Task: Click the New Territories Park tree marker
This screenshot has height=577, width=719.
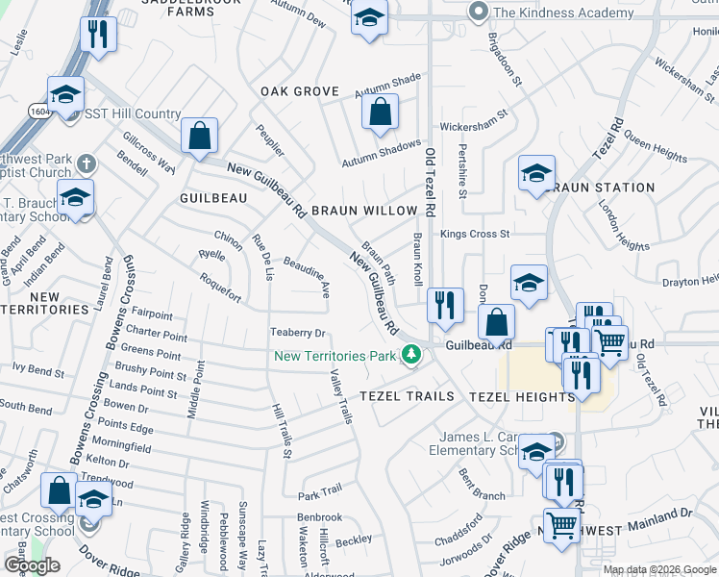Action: tap(411, 356)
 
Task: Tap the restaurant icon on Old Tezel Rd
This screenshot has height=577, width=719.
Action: tap(444, 306)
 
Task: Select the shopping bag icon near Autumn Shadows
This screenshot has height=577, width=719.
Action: tap(381, 112)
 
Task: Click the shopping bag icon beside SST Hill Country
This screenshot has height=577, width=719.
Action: tap(199, 136)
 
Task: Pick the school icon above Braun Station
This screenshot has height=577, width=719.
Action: tap(537, 173)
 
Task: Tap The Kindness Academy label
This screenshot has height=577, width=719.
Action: tap(562, 13)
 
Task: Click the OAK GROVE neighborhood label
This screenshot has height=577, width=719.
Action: tap(300, 91)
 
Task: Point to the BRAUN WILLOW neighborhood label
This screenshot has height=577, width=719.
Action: tap(364, 210)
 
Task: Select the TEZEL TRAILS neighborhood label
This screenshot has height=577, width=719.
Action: tap(407, 396)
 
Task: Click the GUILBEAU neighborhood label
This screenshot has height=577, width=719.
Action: tap(213, 197)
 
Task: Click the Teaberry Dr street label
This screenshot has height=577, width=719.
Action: tap(299, 333)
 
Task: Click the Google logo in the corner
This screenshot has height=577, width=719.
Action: tap(32, 565)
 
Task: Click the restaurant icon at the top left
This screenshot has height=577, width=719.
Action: tap(97, 35)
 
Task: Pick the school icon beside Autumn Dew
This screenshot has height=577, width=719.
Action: tap(368, 18)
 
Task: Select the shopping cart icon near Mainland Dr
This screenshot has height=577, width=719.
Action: tap(562, 525)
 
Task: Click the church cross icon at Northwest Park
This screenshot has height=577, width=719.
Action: tap(87, 163)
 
